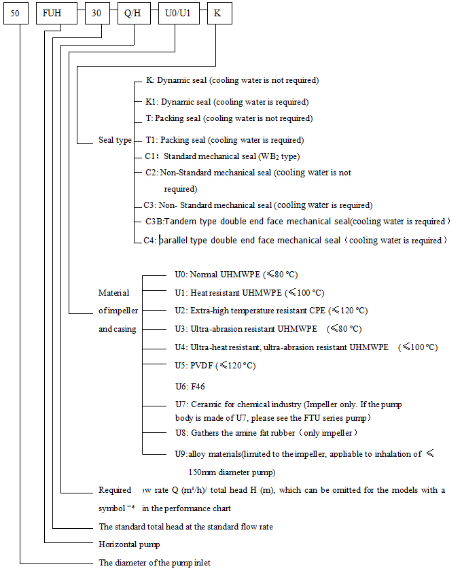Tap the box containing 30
click(96, 14)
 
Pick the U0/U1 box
click(178, 14)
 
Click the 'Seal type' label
click(115, 141)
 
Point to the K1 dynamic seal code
click(152, 102)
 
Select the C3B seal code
click(154, 222)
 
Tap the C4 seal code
click(151, 241)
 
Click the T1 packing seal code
click(152, 141)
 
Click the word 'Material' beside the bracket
click(113, 293)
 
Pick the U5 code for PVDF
click(180, 366)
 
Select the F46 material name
click(198, 387)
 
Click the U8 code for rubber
click(180, 433)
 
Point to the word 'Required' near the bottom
click(115, 490)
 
